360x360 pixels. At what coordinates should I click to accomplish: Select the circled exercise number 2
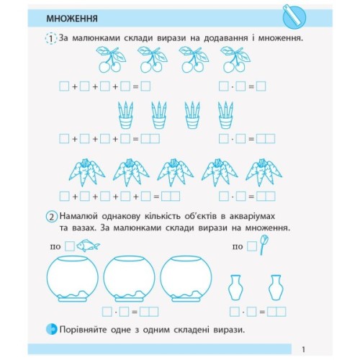click(x=50, y=217)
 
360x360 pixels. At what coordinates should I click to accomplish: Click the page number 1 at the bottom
click(x=305, y=348)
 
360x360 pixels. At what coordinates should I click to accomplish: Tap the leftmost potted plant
click(x=126, y=114)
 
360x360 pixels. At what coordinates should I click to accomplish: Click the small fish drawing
click(x=89, y=246)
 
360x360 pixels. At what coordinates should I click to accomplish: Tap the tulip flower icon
click(x=264, y=245)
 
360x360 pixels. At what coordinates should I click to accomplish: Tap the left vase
click(x=235, y=287)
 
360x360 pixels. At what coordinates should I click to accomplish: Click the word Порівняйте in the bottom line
click(x=86, y=329)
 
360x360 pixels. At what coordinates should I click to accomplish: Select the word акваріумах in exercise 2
click(x=253, y=216)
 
